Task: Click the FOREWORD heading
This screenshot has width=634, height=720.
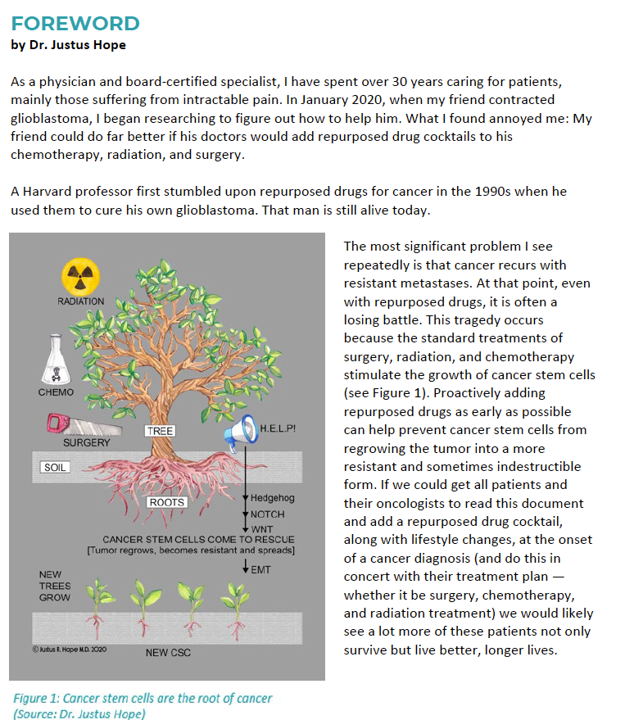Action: coord(75,23)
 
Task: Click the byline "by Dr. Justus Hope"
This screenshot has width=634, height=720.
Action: coord(69,45)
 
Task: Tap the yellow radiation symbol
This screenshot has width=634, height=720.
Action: coord(81,274)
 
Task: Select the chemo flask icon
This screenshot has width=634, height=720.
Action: coord(56,363)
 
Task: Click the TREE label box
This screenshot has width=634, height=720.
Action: coord(160,431)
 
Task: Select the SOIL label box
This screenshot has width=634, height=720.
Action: coord(56,467)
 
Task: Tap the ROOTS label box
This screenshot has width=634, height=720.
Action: coord(166,502)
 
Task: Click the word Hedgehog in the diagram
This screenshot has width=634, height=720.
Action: coord(272,497)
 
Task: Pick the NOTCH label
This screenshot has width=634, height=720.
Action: coord(267,514)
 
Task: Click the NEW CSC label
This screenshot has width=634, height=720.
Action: coord(170,653)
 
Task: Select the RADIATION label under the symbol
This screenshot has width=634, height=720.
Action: coord(80,301)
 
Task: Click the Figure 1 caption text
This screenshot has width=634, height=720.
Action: coord(143,699)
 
